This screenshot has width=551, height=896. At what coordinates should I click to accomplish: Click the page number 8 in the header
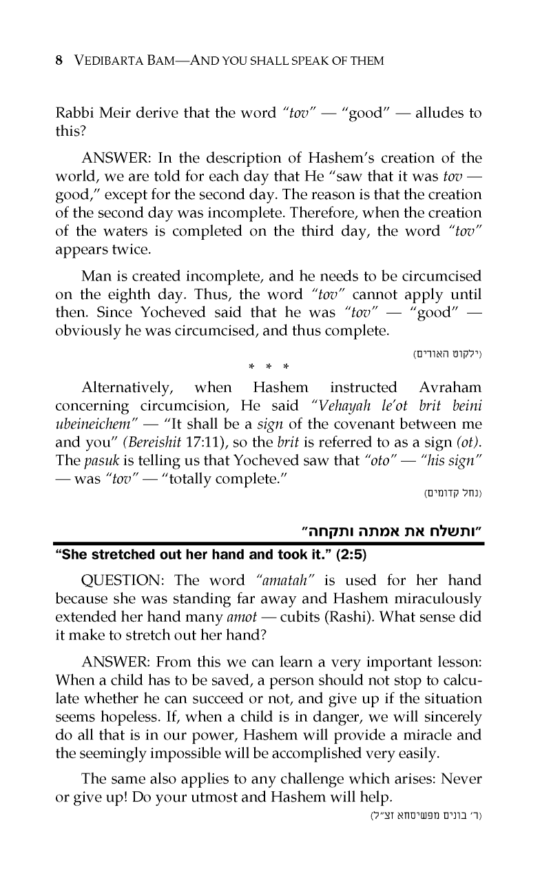59,61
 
